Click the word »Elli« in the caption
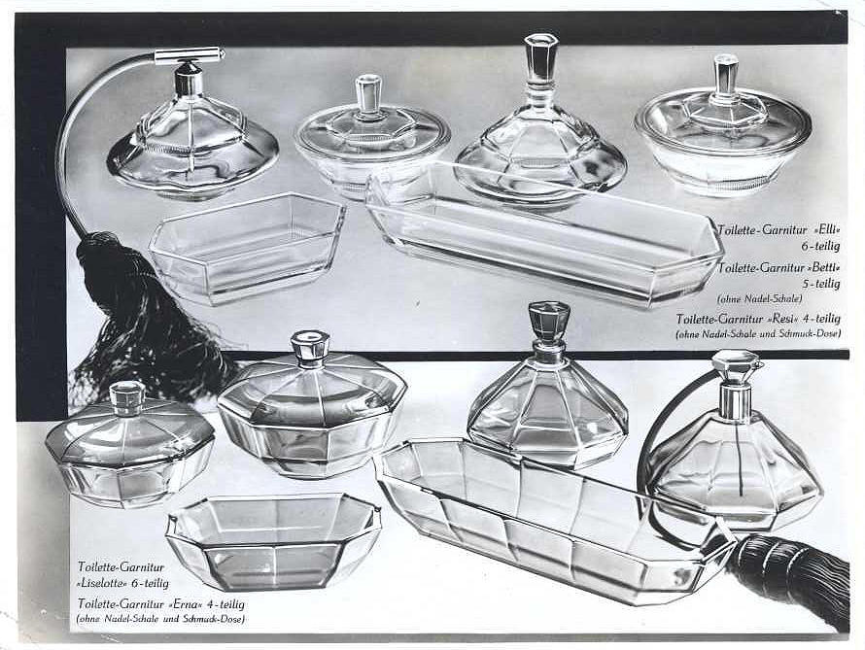826,230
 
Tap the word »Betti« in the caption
823,268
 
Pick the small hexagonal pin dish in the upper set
247,247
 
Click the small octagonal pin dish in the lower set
274,541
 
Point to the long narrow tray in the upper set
543,234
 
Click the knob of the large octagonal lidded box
309,347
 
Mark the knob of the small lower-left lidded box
127,397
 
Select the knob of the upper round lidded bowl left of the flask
368,95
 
